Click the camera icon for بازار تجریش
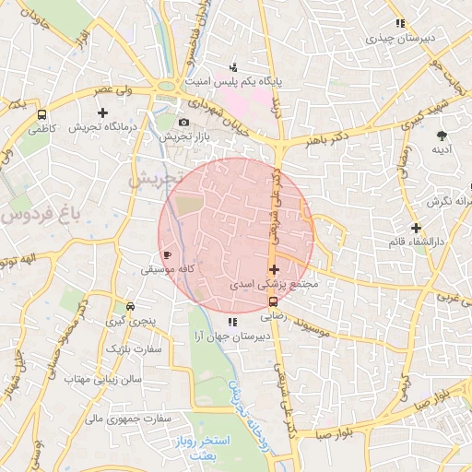183,123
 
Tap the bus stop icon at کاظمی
42,114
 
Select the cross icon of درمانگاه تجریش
115,112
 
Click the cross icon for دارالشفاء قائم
416,227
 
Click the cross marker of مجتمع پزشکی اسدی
274,269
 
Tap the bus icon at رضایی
272,300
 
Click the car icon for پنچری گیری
130,306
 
